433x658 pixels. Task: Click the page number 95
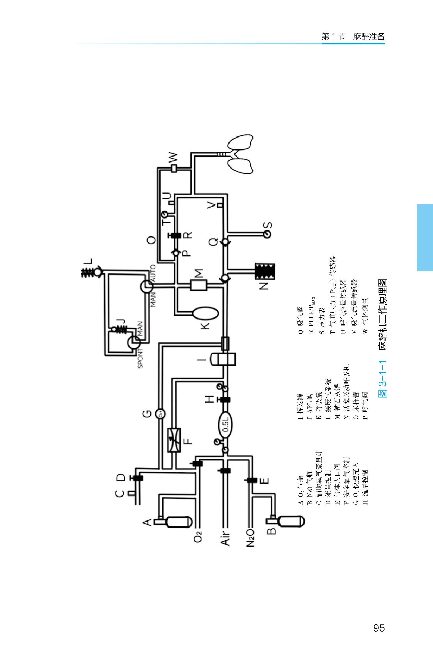(x=379, y=628)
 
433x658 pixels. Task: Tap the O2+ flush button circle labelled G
(x=160, y=414)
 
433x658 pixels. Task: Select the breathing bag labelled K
(x=205, y=314)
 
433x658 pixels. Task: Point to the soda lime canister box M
(x=199, y=285)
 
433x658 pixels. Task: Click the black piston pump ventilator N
(x=264, y=272)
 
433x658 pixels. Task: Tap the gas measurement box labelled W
(x=174, y=168)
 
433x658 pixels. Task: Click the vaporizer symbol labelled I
(x=223, y=359)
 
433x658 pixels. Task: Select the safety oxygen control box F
(x=174, y=440)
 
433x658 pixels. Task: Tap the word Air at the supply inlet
(x=225, y=538)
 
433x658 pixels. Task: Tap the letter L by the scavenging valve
(x=88, y=261)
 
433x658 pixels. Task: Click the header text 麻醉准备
(x=369, y=36)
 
